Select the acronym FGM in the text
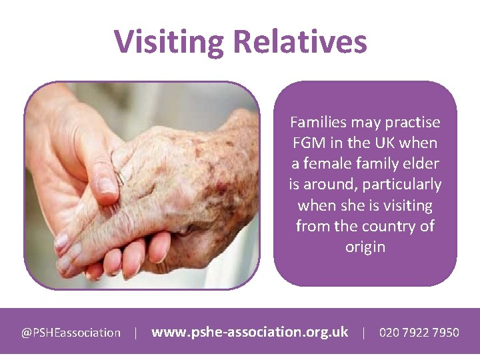308,143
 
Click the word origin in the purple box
365,247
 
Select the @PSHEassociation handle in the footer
71,332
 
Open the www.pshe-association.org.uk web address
250,331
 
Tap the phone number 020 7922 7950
419,332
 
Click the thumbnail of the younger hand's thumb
106,184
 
